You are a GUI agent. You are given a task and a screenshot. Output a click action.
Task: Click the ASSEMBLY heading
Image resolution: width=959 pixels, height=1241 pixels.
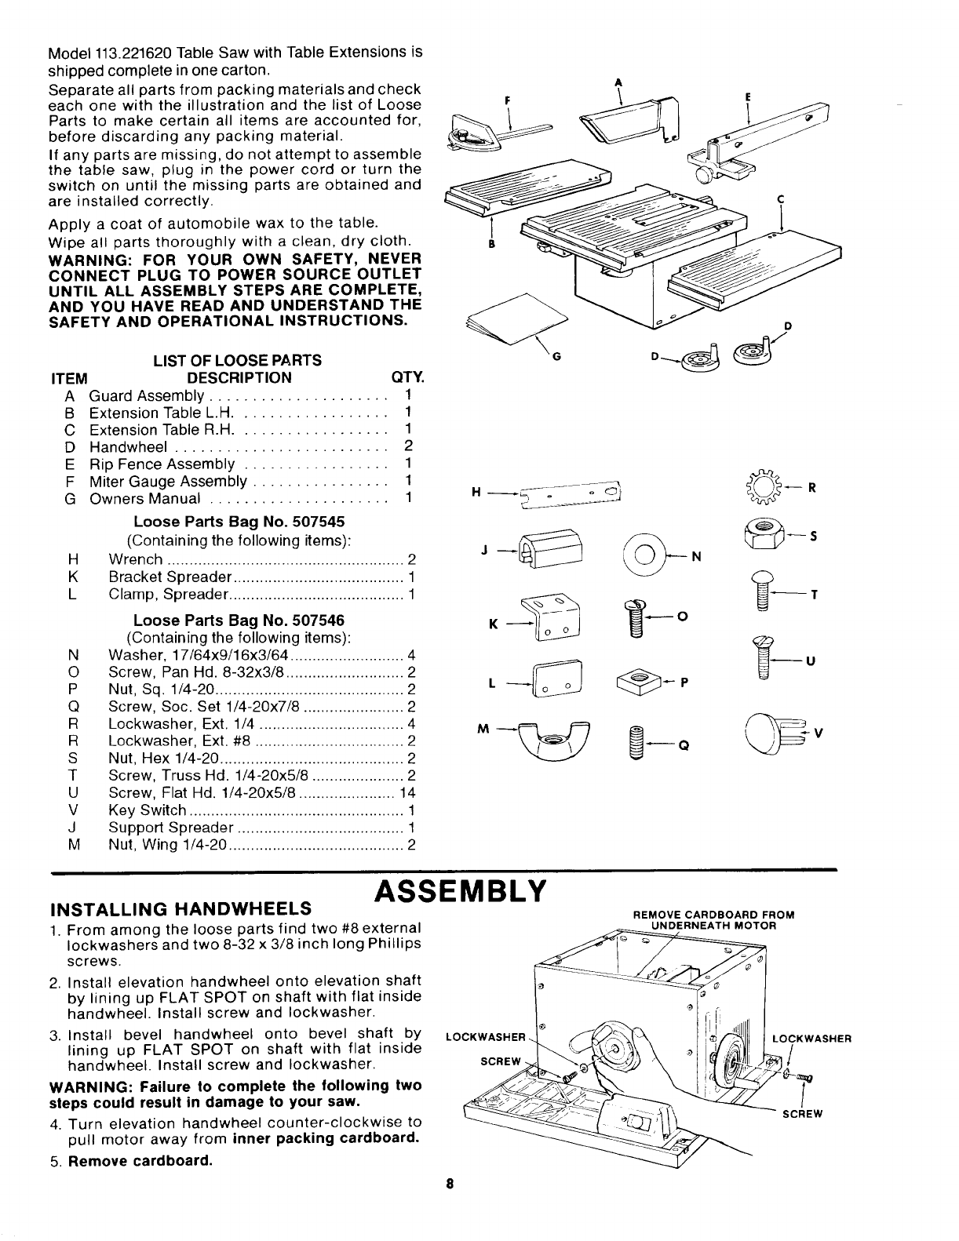[x=461, y=891]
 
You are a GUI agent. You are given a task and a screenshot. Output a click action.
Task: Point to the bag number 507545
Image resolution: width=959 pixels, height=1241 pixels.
[x=316, y=522]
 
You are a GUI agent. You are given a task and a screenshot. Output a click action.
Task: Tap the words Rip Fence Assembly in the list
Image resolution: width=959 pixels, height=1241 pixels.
[x=162, y=464]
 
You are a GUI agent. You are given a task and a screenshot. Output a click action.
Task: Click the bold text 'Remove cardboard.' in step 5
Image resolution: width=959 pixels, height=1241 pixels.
[x=140, y=1160]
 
